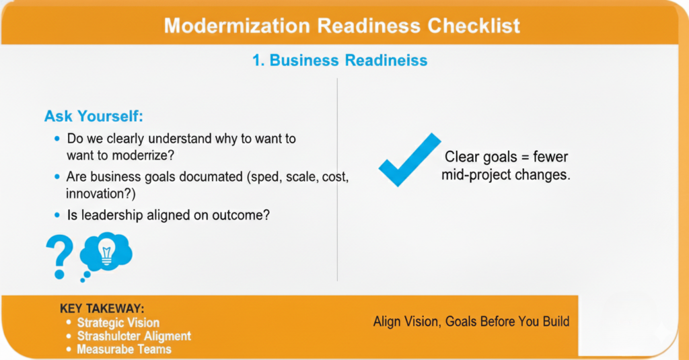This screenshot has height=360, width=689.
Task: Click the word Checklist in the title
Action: [474, 26]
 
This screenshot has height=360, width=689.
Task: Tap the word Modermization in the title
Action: [238, 26]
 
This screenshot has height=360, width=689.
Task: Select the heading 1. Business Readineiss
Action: [340, 60]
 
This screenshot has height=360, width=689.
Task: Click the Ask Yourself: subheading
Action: [94, 116]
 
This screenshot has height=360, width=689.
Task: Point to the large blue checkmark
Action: [410, 160]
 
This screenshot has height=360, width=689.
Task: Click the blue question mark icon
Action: [60, 256]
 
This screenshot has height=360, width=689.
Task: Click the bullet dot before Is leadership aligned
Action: [57, 215]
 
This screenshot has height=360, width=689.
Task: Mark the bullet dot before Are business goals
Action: [57, 177]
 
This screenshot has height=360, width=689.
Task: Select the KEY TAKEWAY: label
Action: [102, 309]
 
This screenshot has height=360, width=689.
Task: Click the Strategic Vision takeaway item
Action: [118, 322]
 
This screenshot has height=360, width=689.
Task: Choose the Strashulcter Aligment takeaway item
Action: [134, 336]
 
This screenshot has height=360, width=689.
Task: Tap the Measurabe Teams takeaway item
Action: [124, 349]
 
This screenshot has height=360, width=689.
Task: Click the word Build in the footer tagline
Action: [556, 322]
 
